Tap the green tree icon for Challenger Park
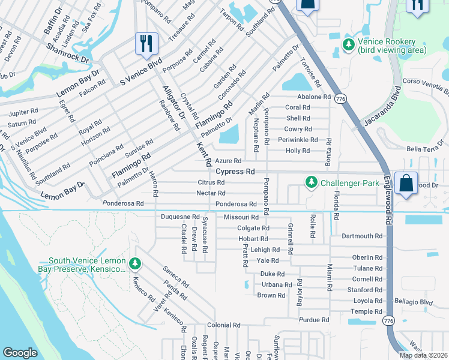tap(311, 181)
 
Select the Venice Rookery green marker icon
tap(348, 45)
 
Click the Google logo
tap(20, 353)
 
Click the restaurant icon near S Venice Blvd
tap(146, 44)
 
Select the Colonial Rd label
tap(224, 325)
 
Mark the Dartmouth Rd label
tap(361, 236)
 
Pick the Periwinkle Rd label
tap(309, 140)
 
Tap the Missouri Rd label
tap(241, 217)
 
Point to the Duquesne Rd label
tap(180, 216)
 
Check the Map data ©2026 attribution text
tap(423, 355)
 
